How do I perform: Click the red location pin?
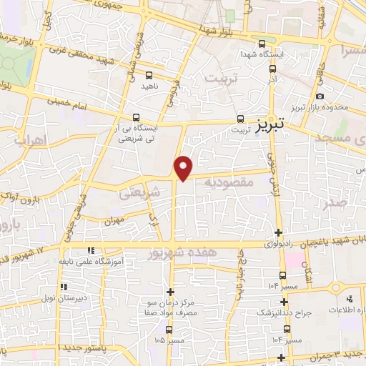184,167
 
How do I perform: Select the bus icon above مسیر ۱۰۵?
169,330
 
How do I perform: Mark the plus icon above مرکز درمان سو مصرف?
170,292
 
